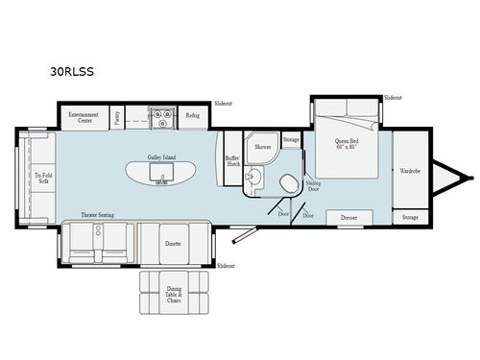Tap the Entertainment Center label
tap(80, 119)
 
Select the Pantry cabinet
tap(115, 118)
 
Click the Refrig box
tap(192, 118)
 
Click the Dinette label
tap(174, 244)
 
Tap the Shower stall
tap(262, 147)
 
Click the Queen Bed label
tap(346, 144)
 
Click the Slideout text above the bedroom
tap(392, 98)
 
